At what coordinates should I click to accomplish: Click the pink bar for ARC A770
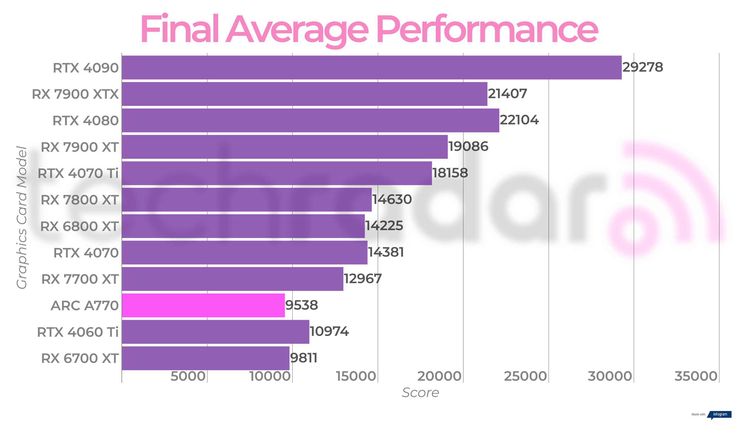point(203,305)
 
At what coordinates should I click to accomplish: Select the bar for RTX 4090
point(372,67)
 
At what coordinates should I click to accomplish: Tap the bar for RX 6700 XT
point(206,358)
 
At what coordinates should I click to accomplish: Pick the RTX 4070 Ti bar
point(277,173)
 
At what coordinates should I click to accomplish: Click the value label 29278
point(643,67)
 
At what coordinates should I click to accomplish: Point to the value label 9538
point(301,305)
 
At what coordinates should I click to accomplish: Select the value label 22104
point(519,120)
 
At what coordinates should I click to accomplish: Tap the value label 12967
point(363,279)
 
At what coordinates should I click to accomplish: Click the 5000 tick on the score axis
point(188,376)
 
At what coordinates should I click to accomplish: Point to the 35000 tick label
point(696,376)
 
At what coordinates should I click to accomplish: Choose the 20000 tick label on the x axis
point(439,376)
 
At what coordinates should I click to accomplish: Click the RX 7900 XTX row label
point(75,94)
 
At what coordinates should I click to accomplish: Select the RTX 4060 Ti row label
point(78,332)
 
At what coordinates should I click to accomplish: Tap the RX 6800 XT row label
point(79,226)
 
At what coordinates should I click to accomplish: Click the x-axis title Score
point(420,393)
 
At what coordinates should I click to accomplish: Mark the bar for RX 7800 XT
point(247,200)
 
